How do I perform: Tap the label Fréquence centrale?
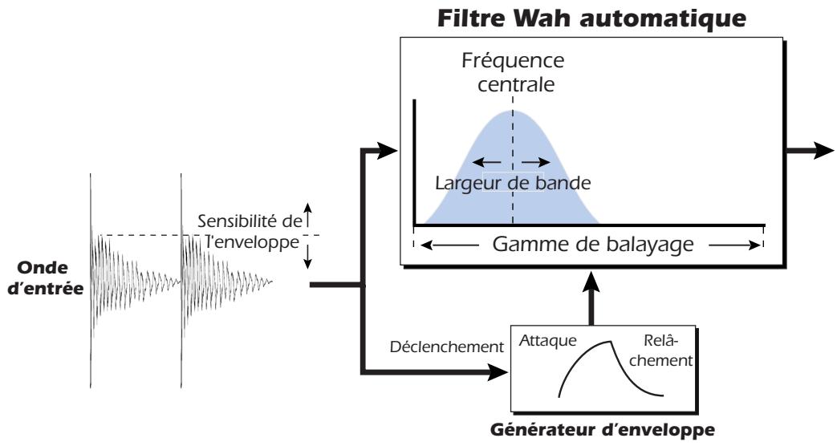click(x=512, y=72)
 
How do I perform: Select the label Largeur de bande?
click(x=512, y=182)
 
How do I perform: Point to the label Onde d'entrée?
click(x=44, y=278)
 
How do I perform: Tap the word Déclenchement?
click(x=446, y=347)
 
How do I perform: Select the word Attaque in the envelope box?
click(x=549, y=340)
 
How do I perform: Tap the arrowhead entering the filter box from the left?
click(x=390, y=150)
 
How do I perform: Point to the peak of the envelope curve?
click(x=612, y=343)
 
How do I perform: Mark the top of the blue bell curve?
click(x=513, y=110)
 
